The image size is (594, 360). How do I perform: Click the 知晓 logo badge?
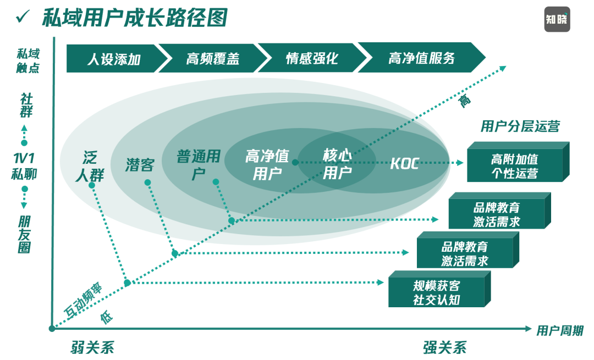tap(557, 19)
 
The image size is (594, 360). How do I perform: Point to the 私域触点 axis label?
tap(28, 60)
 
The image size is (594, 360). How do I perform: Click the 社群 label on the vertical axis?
tap(26, 105)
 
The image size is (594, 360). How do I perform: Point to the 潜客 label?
tap(140, 164)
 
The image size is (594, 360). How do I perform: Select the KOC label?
tap(404, 163)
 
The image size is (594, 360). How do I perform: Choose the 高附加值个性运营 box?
tap(515, 165)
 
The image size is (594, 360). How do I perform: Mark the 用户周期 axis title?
tap(559, 330)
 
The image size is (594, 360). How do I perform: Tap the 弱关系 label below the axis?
tap(92, 347)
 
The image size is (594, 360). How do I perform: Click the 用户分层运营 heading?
tap(520, 127)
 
